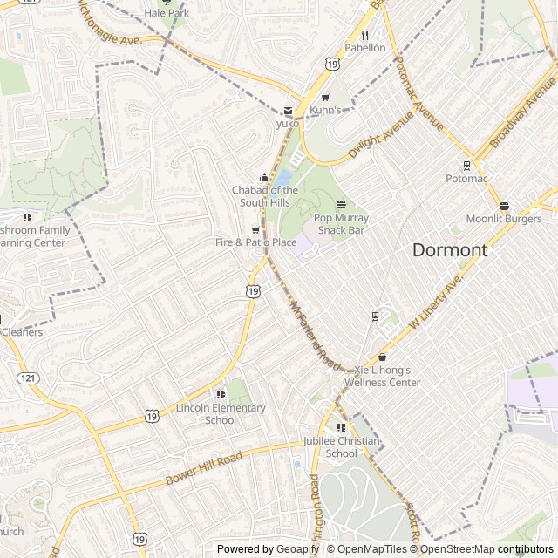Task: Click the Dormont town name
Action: click(x=449, y=250)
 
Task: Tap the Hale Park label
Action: click(x=167, y=14)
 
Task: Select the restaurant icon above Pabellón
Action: click(x=364, y=35)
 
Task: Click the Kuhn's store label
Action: click(x=325, y=110)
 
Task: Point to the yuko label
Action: click(x=288, y=124)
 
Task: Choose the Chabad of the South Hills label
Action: click(x=265, y=196)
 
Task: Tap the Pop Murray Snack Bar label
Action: click(x=341, y=224)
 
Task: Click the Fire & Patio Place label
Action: click(x=256, y=242)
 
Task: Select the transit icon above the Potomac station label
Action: click(x=466, y=166)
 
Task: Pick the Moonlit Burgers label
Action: click(x=504, y=219)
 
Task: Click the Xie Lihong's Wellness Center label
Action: click(x=382, y=377)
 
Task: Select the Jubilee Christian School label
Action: click(x=341, y=447)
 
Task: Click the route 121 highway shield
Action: click(x=28, y=378)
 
